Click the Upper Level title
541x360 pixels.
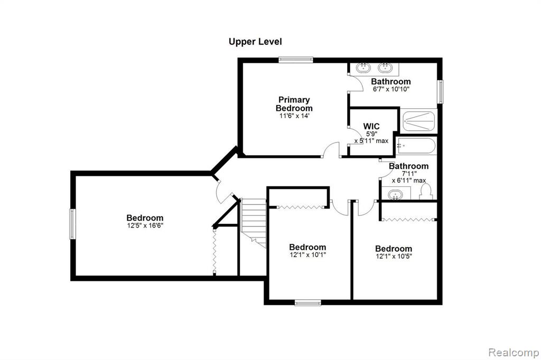[255, 42]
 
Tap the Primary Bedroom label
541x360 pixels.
[294, 104]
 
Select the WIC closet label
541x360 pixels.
[371, 126]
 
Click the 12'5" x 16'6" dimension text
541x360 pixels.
[145, 225]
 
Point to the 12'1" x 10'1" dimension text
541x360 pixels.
[307, 255]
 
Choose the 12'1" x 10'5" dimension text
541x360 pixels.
[394, 256]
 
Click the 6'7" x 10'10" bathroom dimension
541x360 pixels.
[391, 89]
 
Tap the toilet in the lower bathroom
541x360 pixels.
[426, 192]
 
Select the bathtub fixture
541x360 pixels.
[416, 146]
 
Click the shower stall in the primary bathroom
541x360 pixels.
[419, 121]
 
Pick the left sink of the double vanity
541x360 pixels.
[363, 68]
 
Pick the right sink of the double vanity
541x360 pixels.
[385, 68]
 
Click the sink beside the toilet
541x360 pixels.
[395, 195]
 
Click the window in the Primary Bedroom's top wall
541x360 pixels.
[296, 60]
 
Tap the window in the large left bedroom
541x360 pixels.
[72, 224]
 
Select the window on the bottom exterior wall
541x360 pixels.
[308, 303]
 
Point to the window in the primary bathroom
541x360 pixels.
[440, 92]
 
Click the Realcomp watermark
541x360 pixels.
[514, 353]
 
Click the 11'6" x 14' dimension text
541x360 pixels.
[294, 116]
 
